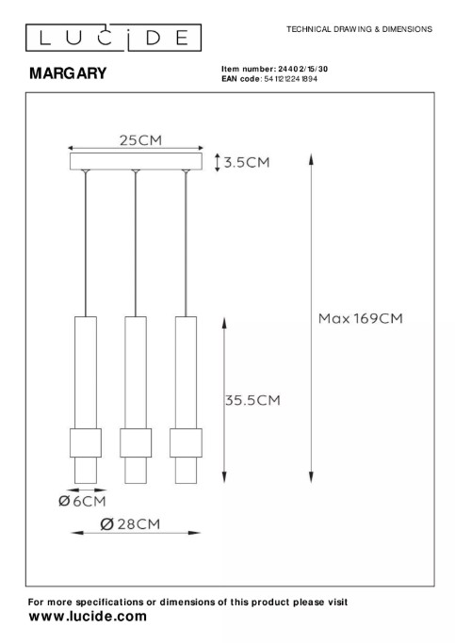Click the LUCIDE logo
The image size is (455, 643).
pyautogui.click(x=113, y=38)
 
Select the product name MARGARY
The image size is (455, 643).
pyautogui.click(x=68, y=73)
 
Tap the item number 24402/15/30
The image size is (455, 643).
pyautogui.click(x=302, y=69)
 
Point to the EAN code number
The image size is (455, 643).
pyautogui.click(x=290, y=79)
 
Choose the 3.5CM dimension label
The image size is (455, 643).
pyautogui.click(x=247, y=162)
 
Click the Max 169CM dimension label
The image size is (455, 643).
pyautogui.click(x=361, y=318)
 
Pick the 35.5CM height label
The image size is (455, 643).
pyautogui.click(x=252, y=400)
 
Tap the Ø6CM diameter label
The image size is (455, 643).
pyautogui.click(x=82, y=501)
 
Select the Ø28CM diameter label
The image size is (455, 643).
pyautogui.click(x=130, y=524)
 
